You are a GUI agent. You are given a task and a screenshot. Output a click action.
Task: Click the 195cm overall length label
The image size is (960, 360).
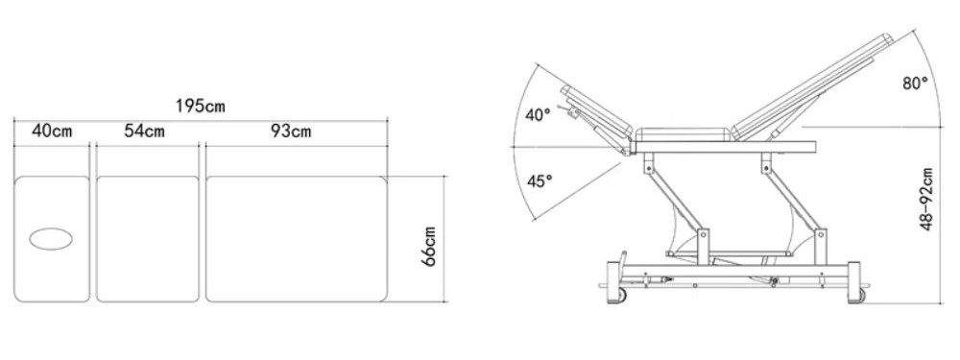(201, 106)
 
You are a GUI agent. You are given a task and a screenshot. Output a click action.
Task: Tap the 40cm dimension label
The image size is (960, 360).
(52, 131)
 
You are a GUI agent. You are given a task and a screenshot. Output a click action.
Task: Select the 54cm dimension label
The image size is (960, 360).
(145, 131)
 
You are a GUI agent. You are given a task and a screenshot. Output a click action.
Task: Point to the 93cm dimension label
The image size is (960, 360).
(291, 131)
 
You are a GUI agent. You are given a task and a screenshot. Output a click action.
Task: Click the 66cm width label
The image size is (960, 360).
(428, 246)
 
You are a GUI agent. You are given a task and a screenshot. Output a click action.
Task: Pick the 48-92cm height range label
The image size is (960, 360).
(926, 199)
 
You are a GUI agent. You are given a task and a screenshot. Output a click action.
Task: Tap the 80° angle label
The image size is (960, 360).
(915, 84)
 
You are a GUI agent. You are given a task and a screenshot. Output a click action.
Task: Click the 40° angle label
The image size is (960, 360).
(539, 114)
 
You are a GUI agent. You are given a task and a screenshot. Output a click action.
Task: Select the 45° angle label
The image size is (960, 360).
(540, 180)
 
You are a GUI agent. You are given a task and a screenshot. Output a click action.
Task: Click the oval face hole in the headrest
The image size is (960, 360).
(51, 239)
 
